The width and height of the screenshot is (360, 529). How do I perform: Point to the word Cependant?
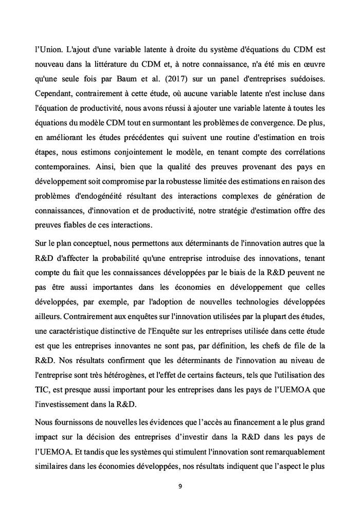pos(55,95)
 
